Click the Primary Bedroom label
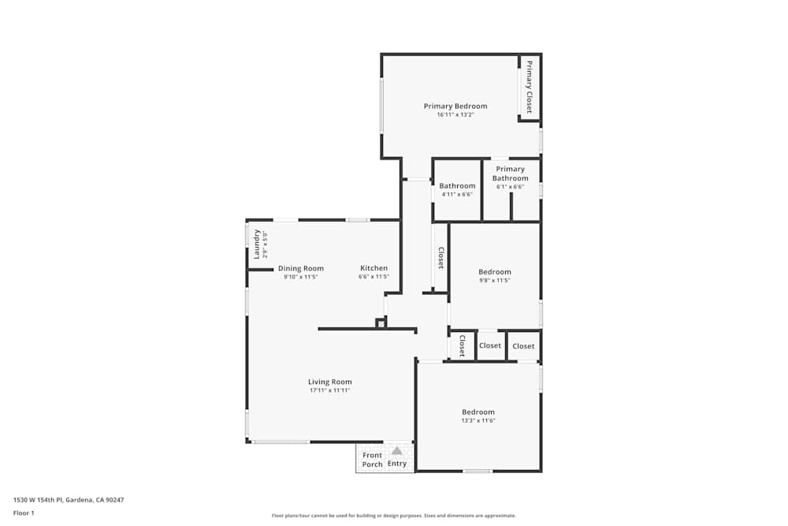(455, 106)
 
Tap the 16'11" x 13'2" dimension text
(455, 115)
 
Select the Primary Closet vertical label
(530, 87)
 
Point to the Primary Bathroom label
(511, 173)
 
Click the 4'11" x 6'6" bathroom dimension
(457, 195)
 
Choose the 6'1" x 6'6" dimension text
(511, 187)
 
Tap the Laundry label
(257, 244)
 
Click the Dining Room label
(300, 268)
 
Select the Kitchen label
(374, 268)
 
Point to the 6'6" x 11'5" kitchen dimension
(374, 277)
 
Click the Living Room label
(329, 382)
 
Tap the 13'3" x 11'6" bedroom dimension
(478, 420)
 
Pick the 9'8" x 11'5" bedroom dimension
(495, 281)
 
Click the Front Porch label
(372, 460)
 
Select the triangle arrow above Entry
(397, 451)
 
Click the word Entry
(397, 464)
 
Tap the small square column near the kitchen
(381, 323)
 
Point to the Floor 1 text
(24, 513)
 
